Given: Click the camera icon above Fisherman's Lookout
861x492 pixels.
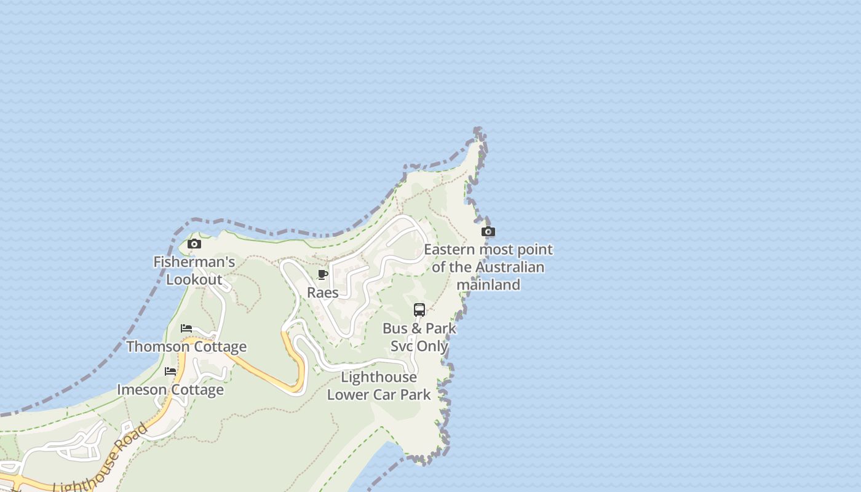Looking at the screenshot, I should click(194, 244).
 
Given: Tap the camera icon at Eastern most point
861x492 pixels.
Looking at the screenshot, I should click(488, 232).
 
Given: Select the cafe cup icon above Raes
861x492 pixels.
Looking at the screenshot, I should click(323, 274).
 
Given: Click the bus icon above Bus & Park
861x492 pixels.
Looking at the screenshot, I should click(419, 310).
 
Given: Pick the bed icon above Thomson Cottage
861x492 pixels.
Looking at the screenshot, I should click(186, 328).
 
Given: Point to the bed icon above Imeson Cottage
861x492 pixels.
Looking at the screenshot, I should click(170, 371).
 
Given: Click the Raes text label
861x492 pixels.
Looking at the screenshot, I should click(323, 292).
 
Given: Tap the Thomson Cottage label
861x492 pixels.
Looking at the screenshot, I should click(186, 346).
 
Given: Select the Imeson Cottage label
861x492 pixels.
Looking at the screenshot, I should click(170, 389).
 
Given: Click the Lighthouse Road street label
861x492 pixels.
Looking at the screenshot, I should click(101, 458).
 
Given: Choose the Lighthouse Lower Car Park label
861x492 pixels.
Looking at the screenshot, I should click(379, 386).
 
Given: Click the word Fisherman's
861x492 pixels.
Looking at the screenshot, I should click(194, 262).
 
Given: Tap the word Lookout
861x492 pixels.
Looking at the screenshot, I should click(194, 279).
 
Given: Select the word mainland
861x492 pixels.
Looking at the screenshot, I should click(488, 284).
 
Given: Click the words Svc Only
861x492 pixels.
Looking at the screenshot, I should click(419, 346).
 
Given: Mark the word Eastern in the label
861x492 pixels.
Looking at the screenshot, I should click(450, 249).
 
